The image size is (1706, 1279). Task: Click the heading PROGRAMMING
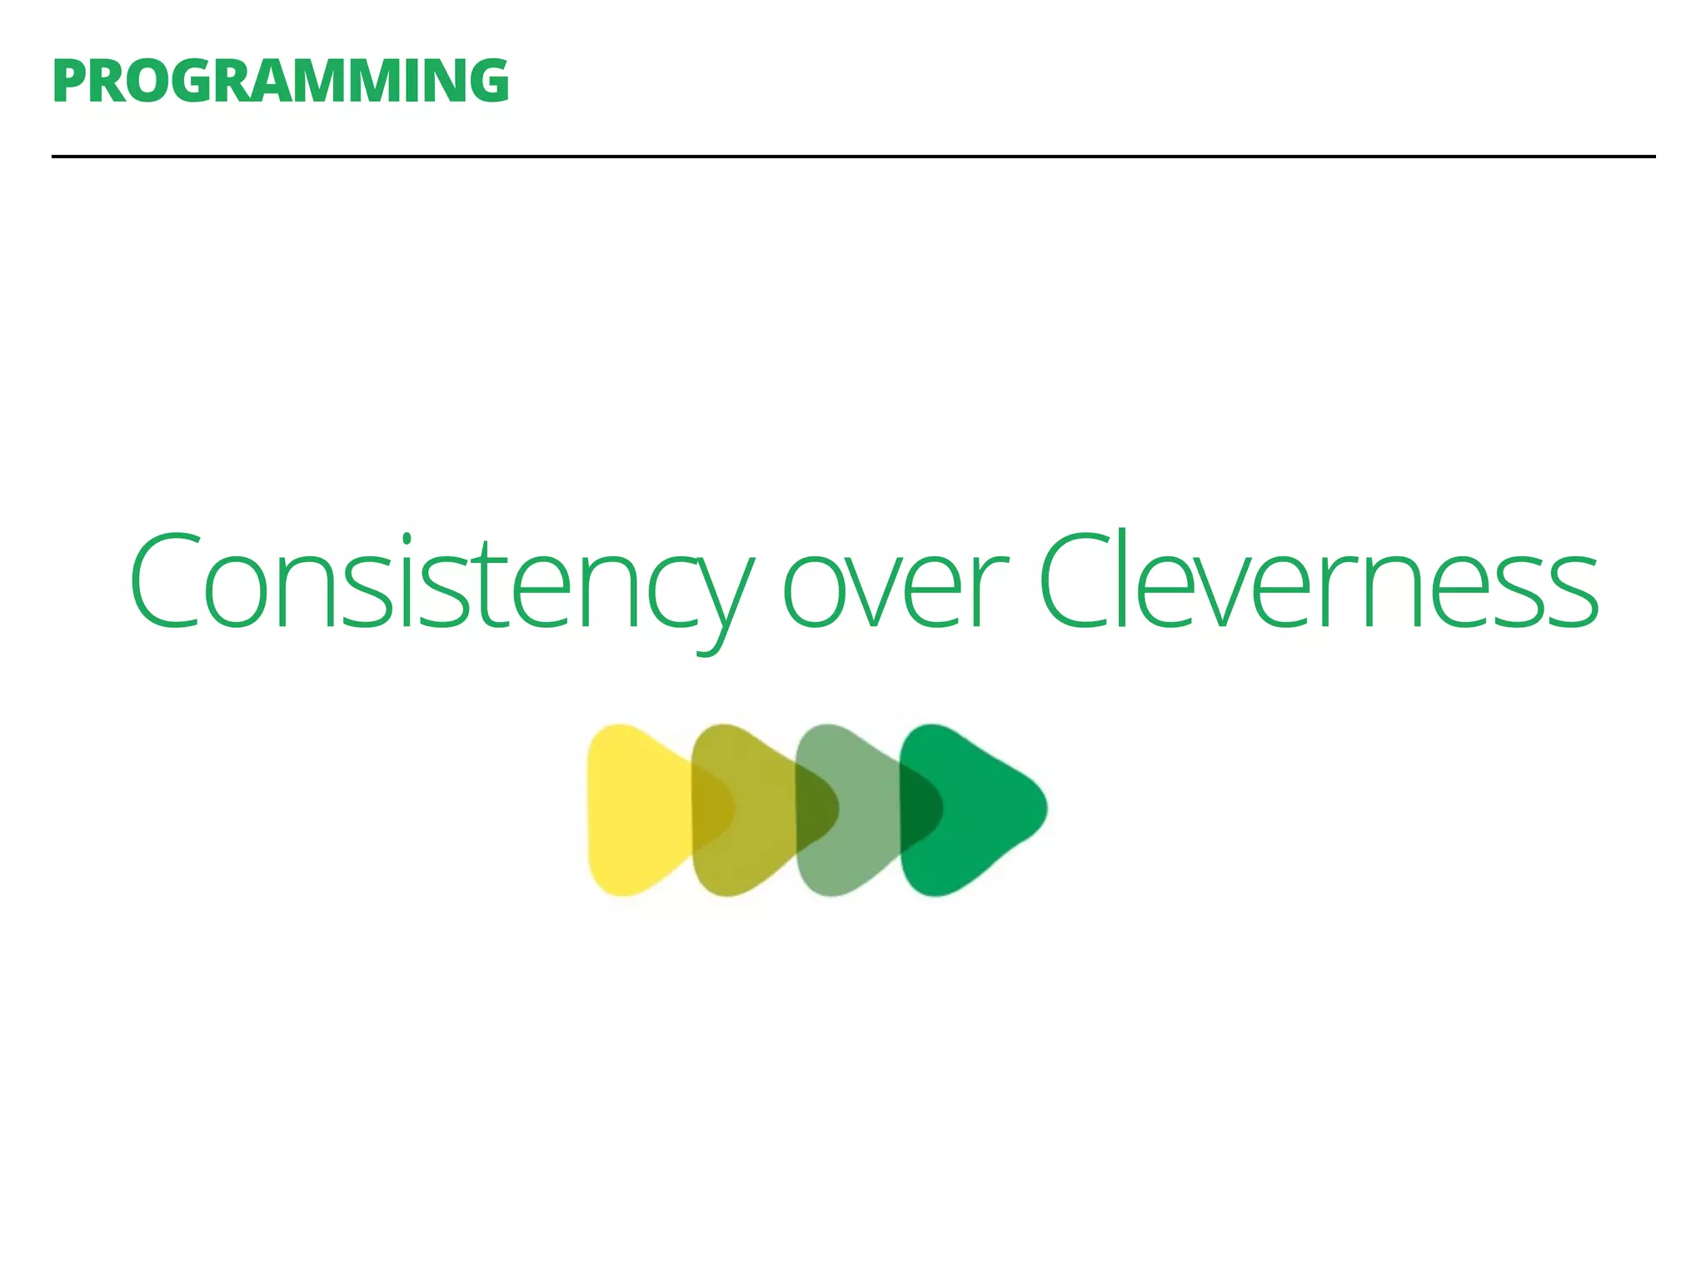pyautogui.click(x=280, y=82)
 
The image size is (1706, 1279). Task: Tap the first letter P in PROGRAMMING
pyautogui.click(x=69, y=82)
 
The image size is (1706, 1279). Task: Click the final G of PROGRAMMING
pyautogui.click(x=486, y=82)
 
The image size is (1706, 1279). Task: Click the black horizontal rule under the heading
pyautogui.click(x=853, y=156)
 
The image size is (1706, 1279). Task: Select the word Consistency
pyautogui.click(x=441, y=583)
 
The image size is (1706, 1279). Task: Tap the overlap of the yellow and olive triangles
pyautogui.click(x=711, y=808)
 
